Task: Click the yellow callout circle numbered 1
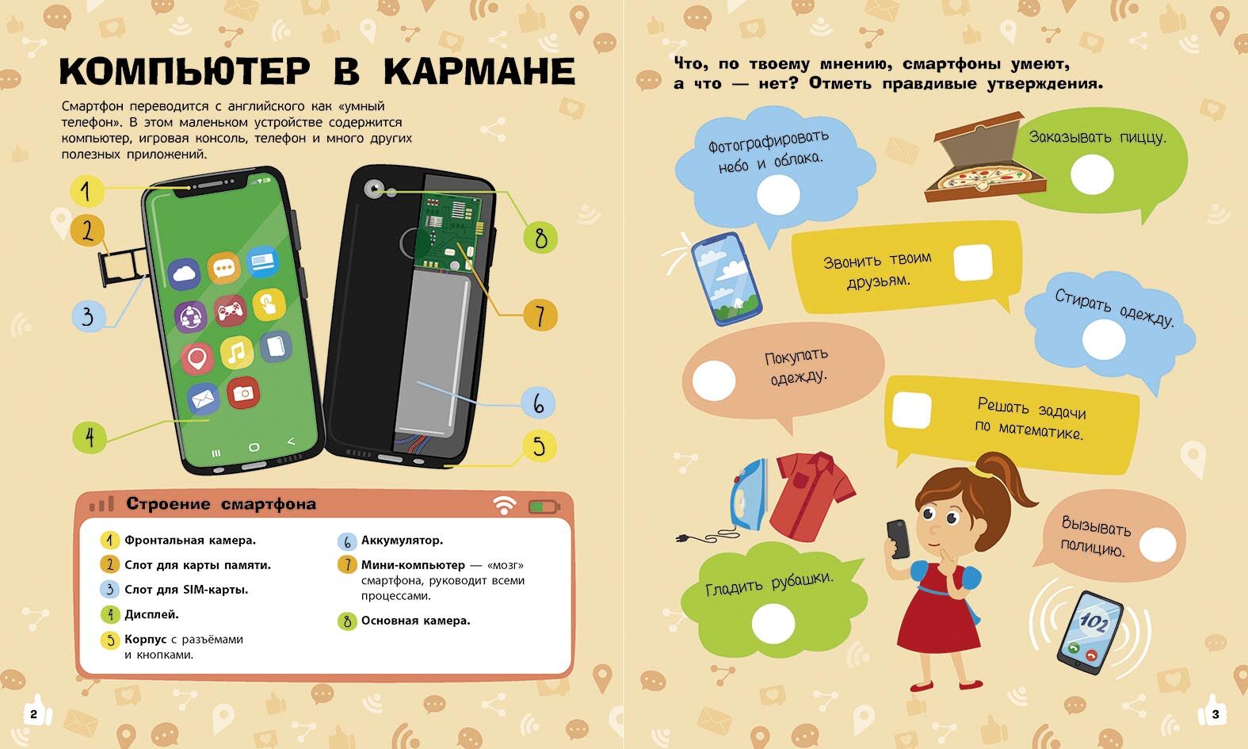[86, 190]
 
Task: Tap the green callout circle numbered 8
[540, 238]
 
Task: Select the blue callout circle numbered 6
[538, 403]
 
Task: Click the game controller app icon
[230, 311]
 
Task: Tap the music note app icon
[236, 352]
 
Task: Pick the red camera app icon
[243, 393]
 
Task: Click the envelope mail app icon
[202, 399]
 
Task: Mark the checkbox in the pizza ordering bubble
[1092, 174]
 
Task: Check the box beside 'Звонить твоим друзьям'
[973, 262]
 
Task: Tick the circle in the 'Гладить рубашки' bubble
[773, 623]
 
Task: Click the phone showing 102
[1090, 632]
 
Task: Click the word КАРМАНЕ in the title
[479, 71]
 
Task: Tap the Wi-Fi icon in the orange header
[504, 505]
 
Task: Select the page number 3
[1216, 714]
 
